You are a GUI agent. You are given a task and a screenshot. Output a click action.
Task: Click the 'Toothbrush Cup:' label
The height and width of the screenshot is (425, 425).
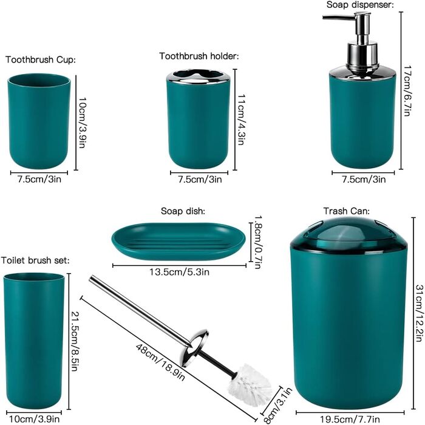tap(41, 59)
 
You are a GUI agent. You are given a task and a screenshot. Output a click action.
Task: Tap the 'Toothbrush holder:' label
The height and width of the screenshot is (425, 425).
tap(199, 56)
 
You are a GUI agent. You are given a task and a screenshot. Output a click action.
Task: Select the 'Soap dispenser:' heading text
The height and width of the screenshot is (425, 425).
tap(360, 5)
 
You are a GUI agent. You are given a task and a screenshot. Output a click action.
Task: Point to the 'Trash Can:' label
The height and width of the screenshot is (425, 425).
tap(347, 211)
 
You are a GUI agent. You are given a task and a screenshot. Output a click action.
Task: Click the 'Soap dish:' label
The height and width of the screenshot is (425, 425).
tap(183, 211)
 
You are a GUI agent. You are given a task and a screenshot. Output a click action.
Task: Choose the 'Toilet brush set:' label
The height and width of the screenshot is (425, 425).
tap(35, 260)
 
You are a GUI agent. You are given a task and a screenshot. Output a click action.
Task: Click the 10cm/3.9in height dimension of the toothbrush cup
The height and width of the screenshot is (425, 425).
tap(82, 123)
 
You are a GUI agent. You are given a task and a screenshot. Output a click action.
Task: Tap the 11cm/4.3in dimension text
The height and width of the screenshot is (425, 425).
tap(241, 120)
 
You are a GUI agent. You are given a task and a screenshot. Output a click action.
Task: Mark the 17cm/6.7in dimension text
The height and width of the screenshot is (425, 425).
tap(407, 91)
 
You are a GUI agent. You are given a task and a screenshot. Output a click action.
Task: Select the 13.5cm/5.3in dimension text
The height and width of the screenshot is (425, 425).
tap(180, 271)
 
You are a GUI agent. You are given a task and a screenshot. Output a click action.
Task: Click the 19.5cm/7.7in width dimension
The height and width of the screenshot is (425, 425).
tap(350, 420)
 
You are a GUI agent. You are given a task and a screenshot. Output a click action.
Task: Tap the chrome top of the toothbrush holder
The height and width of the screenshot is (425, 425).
tap(198, 76)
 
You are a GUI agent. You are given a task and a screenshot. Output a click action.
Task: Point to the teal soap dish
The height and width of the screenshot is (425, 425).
tap(179, 241)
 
